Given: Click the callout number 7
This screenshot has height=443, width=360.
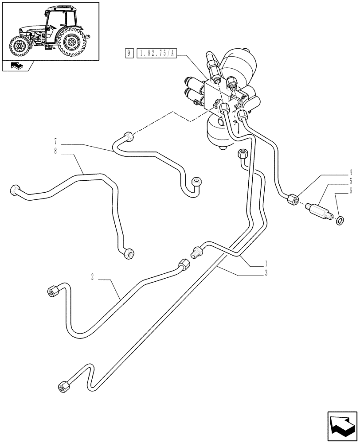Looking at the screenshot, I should click(x=55, y=142).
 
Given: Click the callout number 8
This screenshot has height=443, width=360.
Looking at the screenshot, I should click(x=55, y=151).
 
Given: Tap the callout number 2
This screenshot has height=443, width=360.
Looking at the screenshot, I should click(x=92, y=277).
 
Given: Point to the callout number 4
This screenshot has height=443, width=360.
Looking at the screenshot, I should click(x=350, y=172).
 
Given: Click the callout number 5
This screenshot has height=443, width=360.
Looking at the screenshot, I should click(x=350, y=181).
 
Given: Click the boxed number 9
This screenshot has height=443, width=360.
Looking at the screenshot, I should click(x=129, y=54).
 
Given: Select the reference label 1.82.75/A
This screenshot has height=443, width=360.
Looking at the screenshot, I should click(x=157, y=54).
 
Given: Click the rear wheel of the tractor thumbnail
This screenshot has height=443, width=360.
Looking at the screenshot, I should click(x=72, y=43).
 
